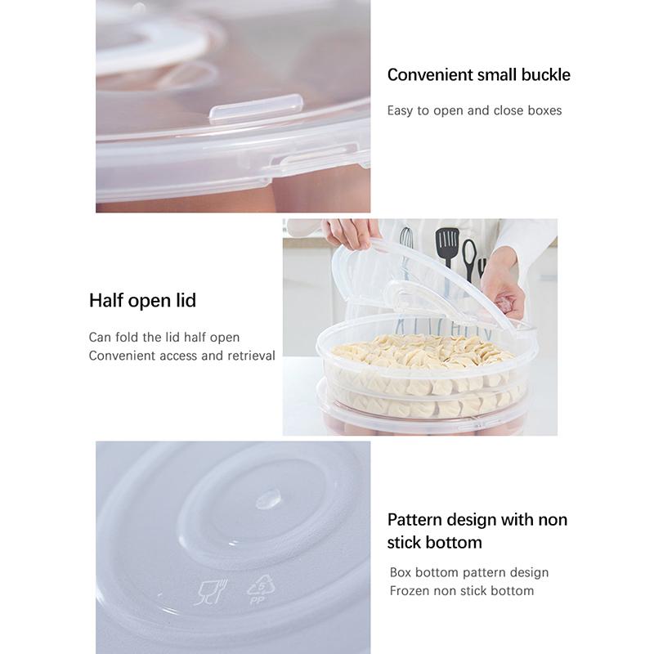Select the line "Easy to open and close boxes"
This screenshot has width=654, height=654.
click(474, 110)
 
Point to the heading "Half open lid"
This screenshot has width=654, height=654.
click(142, 300)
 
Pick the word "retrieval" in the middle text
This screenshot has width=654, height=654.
click(247, 356)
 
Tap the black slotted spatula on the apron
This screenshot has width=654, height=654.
click(447, 246)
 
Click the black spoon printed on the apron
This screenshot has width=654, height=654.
click(468, 257)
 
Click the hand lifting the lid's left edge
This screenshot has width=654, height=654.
click(352, 232)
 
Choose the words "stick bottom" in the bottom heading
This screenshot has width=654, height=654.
click(434, 543)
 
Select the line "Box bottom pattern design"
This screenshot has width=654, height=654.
click(468, 572)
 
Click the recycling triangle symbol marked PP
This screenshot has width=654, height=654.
click(259, 590)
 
